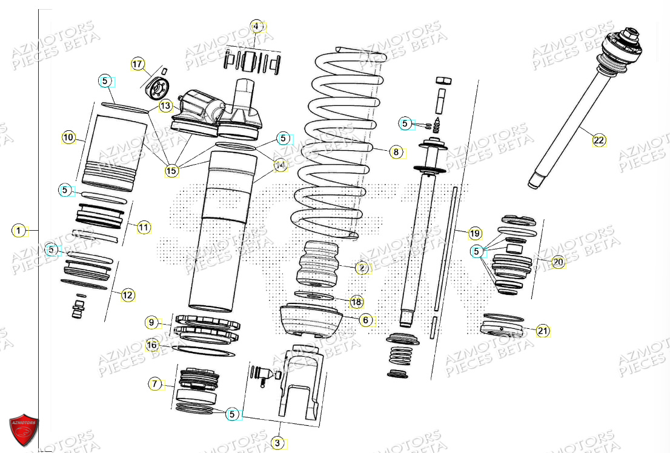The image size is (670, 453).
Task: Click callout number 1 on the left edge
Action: tap(19, 230)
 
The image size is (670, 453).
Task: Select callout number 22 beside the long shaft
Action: tap(599, 140)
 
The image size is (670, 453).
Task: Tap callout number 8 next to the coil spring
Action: tap(396, 152)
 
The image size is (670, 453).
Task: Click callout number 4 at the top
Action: tap(256, 27)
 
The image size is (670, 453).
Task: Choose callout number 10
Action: tap(68, 137)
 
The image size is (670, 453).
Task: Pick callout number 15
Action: tap(172, 171)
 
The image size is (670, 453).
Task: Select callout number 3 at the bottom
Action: tap(277, 443)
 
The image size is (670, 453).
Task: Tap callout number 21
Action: tap(543, 331)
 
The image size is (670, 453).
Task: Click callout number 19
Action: tap(474, 233)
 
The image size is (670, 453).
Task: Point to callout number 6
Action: tap(365, 320)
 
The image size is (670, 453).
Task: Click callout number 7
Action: tap(155, 383)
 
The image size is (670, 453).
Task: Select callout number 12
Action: tap(128, 295)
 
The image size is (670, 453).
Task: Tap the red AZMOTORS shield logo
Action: tap(24, 430)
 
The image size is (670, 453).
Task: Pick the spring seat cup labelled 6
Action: tap(310, 322)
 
